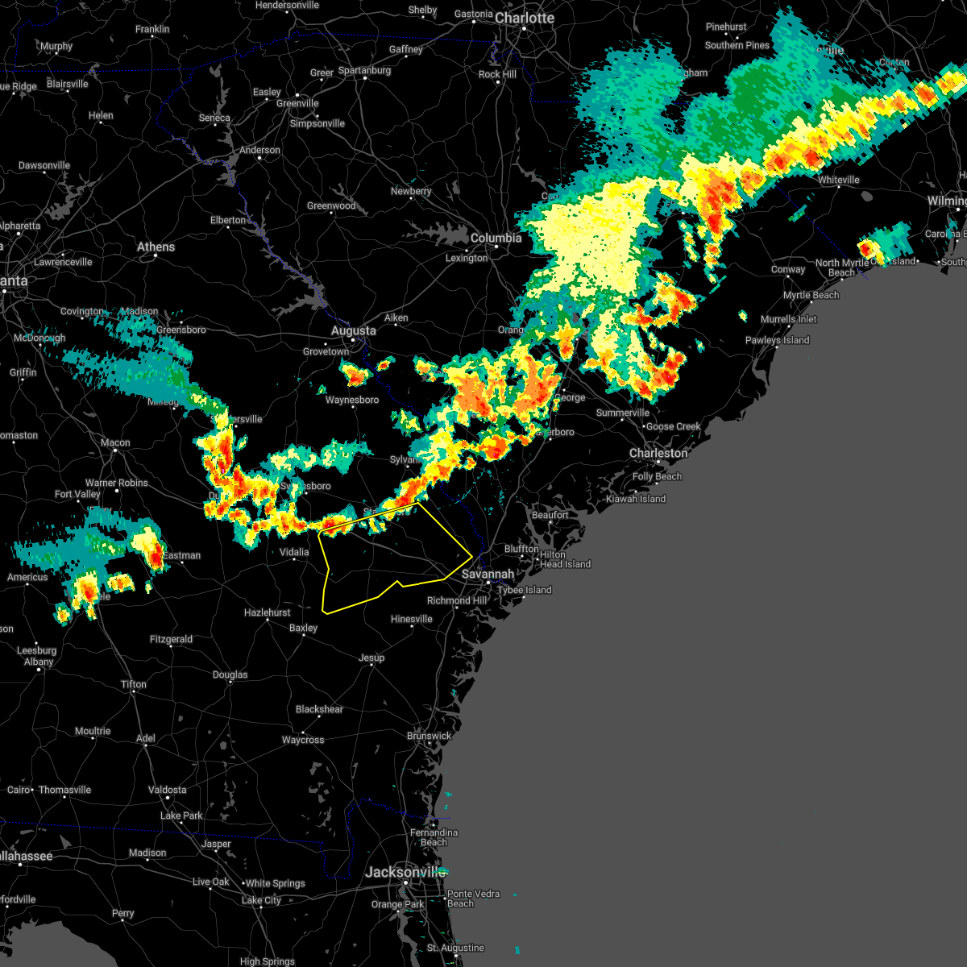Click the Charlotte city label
tap(525, 18)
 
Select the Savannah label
tap(488, 575)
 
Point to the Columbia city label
tap(496, 238)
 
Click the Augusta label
tap(354, 330)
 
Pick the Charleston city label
tap(658, 453)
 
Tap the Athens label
tap(156, 247)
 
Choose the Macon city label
tap(115, 442)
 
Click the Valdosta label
tap(168, 790)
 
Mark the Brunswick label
tap(429, 736)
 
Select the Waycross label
tap(303, 740)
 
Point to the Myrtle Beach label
tap(811, 295)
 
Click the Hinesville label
tap(411, 619)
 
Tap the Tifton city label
tap(134, 684)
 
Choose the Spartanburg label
tap(364, 71)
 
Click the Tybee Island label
tap(525, 590)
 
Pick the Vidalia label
tap(294, 552)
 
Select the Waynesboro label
tap(352, 400)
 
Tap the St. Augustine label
tap(456, 948)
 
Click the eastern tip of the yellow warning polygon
tap(472, 555)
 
